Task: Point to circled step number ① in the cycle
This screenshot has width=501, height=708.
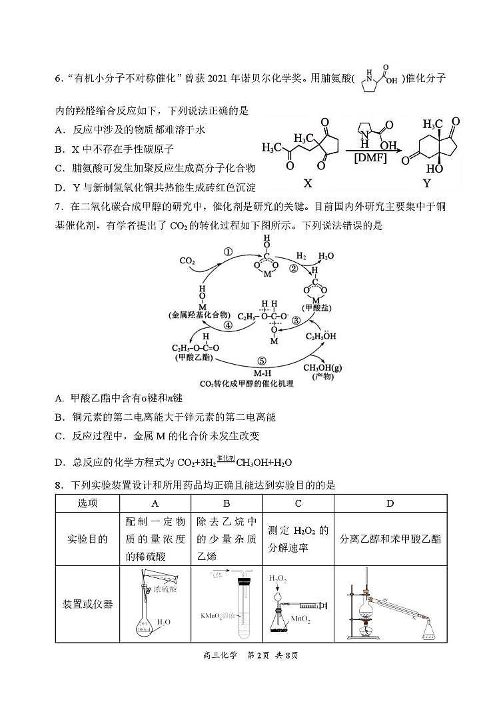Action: click(x=227, y=252)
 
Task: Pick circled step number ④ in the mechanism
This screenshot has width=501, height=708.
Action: click(x=228, y=326)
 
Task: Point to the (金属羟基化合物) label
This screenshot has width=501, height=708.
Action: click(x=200, y=314)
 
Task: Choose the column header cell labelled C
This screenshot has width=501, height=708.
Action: click(x=298, y=503)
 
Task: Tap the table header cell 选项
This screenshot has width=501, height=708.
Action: click(x=87, y=503)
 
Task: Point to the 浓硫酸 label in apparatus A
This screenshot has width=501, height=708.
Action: click(x=165, y=589)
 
